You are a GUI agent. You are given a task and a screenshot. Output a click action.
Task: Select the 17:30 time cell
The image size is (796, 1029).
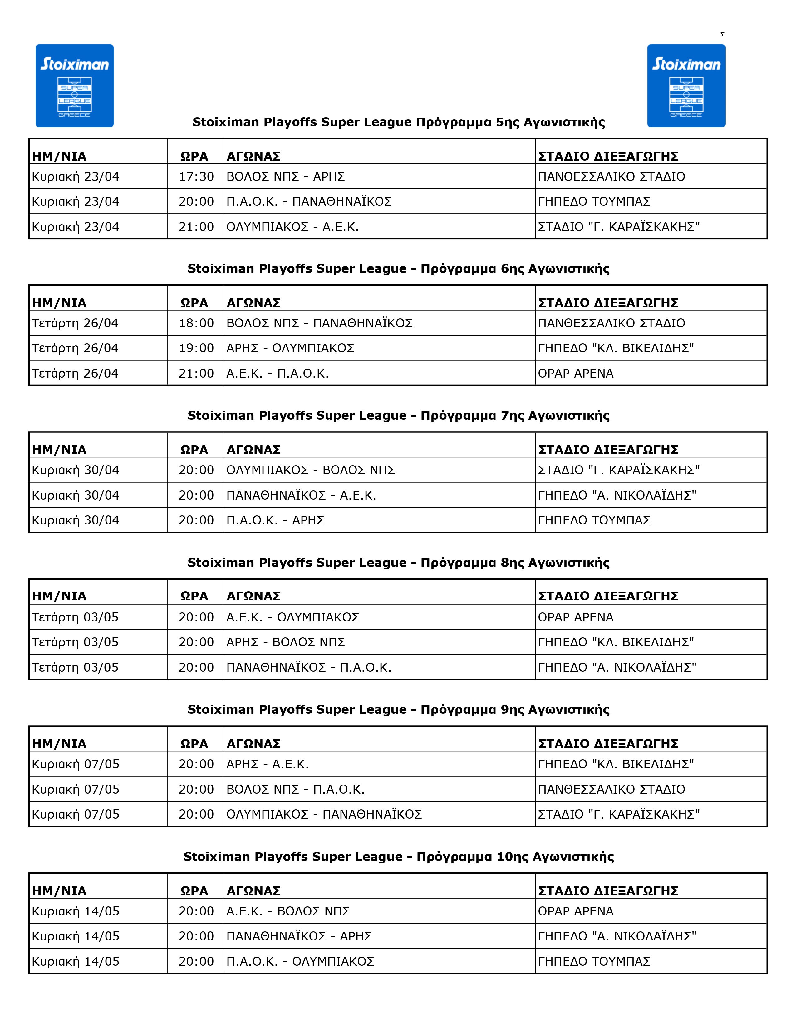click(x=196, y=177)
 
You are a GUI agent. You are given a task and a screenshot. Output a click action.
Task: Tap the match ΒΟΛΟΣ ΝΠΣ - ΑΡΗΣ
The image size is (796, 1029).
click(x=286, y=177)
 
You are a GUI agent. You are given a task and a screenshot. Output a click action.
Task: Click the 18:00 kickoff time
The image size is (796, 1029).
click(x=196, y=323)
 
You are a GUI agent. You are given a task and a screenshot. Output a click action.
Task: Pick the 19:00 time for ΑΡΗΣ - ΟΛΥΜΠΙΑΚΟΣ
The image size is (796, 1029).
click(x=196, y=348)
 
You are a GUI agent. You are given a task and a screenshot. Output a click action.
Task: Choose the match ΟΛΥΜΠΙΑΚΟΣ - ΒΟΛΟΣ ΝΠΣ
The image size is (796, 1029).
click(x=311, y=470)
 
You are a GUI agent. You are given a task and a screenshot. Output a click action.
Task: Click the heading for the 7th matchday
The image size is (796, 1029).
click(x=399, y=416)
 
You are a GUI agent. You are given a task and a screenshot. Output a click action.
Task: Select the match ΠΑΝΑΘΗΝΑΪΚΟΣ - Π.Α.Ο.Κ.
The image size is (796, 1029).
click(x=309, y=668)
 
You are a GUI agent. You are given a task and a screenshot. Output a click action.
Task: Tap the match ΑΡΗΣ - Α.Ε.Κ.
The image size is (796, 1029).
click(x=268, y=764)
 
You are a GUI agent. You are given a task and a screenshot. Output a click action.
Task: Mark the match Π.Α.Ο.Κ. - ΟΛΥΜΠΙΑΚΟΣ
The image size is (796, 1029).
click(x=300, y=962)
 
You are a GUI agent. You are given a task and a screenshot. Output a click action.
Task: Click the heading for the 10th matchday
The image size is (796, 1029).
click(x=399, y=857)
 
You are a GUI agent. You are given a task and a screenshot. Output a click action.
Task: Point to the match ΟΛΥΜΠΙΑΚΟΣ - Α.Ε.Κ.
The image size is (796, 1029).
click(x=292, y=227)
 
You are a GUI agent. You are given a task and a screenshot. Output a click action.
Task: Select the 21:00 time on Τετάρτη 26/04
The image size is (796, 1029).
click(x=196, y=374)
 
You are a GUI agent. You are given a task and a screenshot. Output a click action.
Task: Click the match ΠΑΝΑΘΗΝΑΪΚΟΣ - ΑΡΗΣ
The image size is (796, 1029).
click(x=299, y=936)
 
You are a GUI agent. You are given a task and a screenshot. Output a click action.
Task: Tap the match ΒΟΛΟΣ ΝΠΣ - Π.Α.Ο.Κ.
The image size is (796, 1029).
click(x=296, y=790)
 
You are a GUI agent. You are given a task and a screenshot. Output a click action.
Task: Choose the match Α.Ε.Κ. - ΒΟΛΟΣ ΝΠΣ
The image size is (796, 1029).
click(x=288, y=911)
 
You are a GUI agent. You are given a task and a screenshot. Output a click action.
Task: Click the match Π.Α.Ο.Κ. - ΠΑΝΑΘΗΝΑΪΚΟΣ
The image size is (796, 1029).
click(x=309, y=202)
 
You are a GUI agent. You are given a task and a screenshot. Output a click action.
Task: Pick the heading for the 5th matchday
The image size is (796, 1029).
click(x=399, y=123)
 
